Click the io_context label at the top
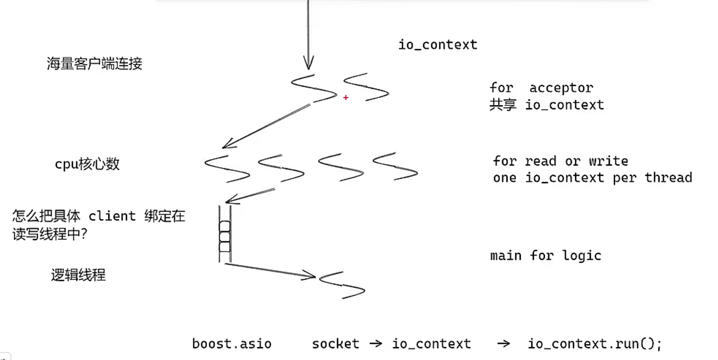(x=438, y=44)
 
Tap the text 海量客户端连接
(x=94, y=64)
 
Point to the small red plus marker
(x=346, y=97)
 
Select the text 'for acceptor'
(x=541, y=88)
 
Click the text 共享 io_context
(x=547, y=104)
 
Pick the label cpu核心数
(x=87, y=164)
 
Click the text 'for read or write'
(x=560, y=161)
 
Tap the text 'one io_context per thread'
(x=593, y=177)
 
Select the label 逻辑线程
(x=78, y=275)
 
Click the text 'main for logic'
(x=545, y=256)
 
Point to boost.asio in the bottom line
(x=231, y=343)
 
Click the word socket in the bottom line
(x=335, y=343)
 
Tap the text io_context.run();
(x=595, y=343)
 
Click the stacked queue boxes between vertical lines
(x=225, y=236)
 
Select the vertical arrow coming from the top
(x=308, y=35)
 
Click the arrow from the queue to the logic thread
(x=271, y=270)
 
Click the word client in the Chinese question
(x=112, y=216)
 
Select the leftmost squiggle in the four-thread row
(x=227, y=169)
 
